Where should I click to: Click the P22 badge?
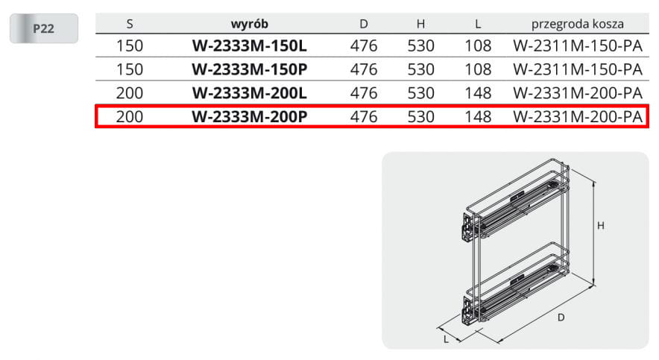44,28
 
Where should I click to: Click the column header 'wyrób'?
249,24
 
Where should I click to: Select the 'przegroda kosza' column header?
578,24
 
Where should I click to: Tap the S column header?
130,24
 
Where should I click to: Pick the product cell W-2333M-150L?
249,45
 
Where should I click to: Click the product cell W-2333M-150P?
249,69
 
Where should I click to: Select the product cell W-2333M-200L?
249,93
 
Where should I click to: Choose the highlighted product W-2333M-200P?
249,117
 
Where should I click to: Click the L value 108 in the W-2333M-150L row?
478,45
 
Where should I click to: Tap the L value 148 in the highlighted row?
478,117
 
